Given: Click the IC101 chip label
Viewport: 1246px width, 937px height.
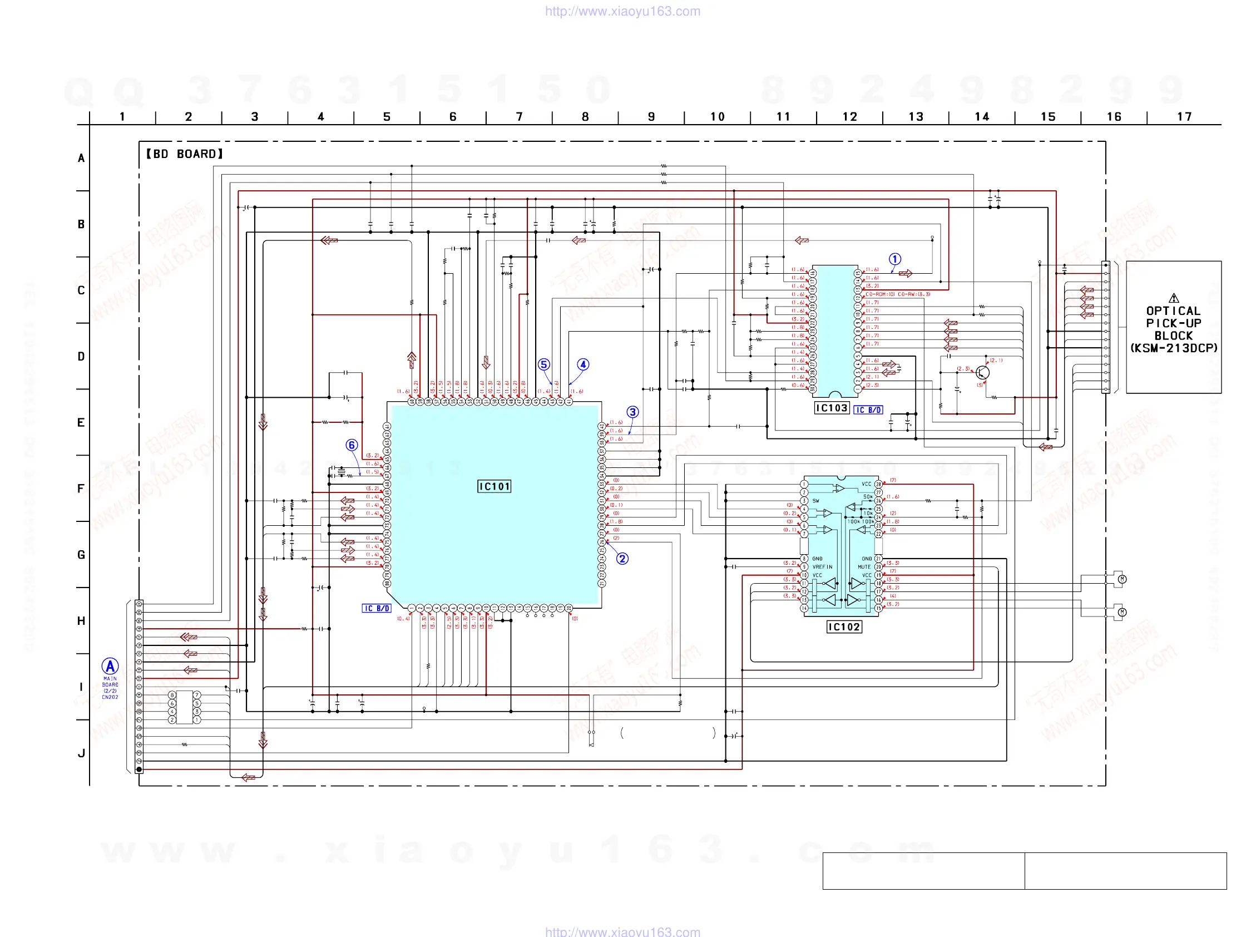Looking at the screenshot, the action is pyautogui.click(x=494, y=486).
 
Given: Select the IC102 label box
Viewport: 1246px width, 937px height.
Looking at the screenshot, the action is pyautogui.click(x=844, y=627).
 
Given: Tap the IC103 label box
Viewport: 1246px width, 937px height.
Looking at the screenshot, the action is pyautogui.click(x=832, y=408).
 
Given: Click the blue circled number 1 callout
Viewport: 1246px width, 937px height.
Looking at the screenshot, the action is pyautogui.click(x=895, y=259).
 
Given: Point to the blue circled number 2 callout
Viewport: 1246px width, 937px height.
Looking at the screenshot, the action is pyautogui.click(x=622, y=559).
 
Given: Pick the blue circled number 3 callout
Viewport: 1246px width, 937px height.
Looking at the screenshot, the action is pyautogui.click(x=632, y=412).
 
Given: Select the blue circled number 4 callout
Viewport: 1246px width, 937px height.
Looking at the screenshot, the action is pyautogui.click(x=583, y=364).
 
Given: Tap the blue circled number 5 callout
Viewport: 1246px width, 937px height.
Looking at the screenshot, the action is pyautogui.click(x=543, y=364).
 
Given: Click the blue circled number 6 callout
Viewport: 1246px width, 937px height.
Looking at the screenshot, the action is pyautogui.click(x=352, y=445).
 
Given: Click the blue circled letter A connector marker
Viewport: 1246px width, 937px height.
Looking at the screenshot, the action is pyautogui.click(x=110, y=666).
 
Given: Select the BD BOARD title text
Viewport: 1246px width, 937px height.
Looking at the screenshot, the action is pyautogui.click(x=184, y=154).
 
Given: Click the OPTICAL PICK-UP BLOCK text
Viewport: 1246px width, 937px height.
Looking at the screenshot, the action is pyautogui.click(x=1174, y=329).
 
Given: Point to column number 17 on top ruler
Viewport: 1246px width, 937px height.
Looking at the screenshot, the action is pyautogui.click(x=1184, y=117).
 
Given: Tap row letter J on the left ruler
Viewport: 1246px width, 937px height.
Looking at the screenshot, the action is pyautogui.click(x=81, y=753).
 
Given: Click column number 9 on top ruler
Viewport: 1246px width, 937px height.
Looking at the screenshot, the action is pyautogui.click(x=651, y=117).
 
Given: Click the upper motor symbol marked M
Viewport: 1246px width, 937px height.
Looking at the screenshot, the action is pyautogui.click(x=1122, y=579).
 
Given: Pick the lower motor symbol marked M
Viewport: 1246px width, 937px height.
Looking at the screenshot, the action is pyautogui.click(x=1122, y=612).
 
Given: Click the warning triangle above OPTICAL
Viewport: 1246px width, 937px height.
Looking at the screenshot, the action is pyautogui.click(x=1174, y=298).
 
